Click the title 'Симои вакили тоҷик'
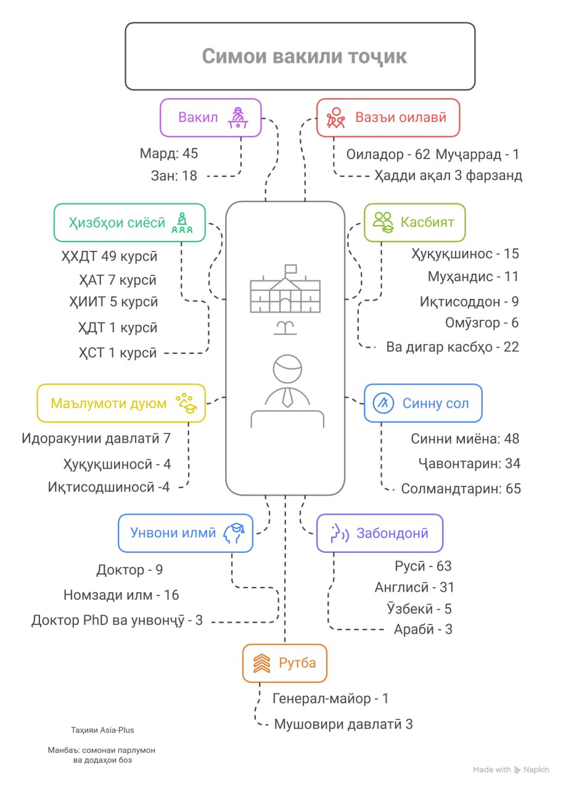click(x=305, y=56)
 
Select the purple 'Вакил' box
click(x=210, y=117)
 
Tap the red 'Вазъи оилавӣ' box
click(x=388, y=117)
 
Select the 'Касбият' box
click(x=414, y=222)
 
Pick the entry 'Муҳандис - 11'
click(x=473, y=277)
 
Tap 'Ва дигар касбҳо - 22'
click(x=453, y=347)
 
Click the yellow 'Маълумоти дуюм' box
click(x=121, y=403)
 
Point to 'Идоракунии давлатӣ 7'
click(x=96, y=439)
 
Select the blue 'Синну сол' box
click(x=423, y=403)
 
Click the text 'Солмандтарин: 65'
click(x=461, y=489)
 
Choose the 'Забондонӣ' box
click(x=379, y=533)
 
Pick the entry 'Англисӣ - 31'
click(x=414, y=587)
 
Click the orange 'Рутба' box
click(x=284, y=663)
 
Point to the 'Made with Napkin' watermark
click(x=511, y=770)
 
